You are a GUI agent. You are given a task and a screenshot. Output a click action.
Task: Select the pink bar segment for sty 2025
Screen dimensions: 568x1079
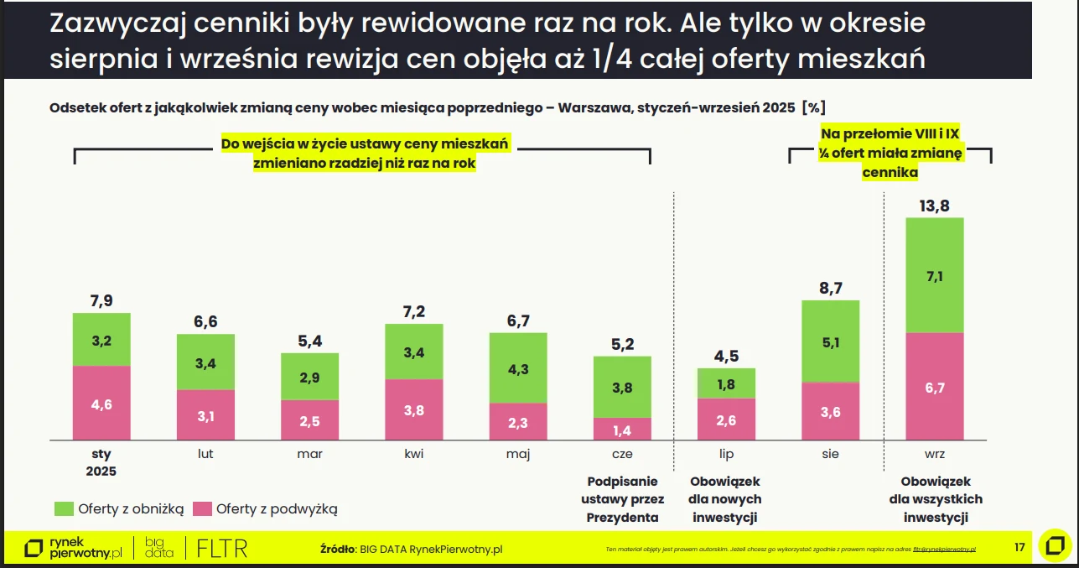click(x=101, y=403)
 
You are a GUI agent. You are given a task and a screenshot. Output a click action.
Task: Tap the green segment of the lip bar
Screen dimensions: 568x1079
click(x=726, y=383)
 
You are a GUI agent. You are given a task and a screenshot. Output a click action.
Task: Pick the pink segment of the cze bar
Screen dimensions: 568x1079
click(x=622, y=429)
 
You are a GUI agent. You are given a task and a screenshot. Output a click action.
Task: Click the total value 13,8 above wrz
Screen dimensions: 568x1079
click(x=936, y=205)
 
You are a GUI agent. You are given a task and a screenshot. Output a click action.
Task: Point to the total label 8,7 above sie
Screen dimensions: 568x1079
click(x=831, y=288)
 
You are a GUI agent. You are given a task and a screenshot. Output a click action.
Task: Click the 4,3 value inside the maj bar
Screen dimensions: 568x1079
click(x=518, y=368)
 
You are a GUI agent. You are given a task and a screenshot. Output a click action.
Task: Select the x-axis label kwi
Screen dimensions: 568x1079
click(x=413, y=454)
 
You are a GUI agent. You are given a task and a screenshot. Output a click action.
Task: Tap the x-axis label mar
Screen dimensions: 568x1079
click(x=309, y=454)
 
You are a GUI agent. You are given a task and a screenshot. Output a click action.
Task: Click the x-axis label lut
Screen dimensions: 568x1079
click(x=205, y=454)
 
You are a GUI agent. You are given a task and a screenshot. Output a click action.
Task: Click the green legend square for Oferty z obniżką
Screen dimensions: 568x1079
click(x=64, y=508)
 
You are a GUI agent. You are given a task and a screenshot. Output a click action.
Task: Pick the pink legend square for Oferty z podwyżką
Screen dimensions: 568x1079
click(x=202, y=508)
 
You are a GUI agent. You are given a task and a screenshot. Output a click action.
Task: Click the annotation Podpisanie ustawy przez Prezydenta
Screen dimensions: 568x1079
click(x=622, y=499)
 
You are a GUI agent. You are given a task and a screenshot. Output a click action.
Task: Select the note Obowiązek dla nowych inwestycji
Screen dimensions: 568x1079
click(x=726, y=499)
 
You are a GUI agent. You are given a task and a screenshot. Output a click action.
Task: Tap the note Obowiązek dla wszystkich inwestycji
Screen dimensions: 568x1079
click(x=936, y=499)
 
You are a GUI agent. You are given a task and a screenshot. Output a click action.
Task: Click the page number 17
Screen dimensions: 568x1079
click(x=1019, y=547)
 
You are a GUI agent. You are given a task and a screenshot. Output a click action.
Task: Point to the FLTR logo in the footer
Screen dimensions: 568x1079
click(x=221, y=549)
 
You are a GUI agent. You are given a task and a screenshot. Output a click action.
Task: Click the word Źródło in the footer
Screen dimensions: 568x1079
click(x=338, y=550)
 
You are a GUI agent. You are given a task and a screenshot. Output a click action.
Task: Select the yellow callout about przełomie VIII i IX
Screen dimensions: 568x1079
click(x=890, y=153)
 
